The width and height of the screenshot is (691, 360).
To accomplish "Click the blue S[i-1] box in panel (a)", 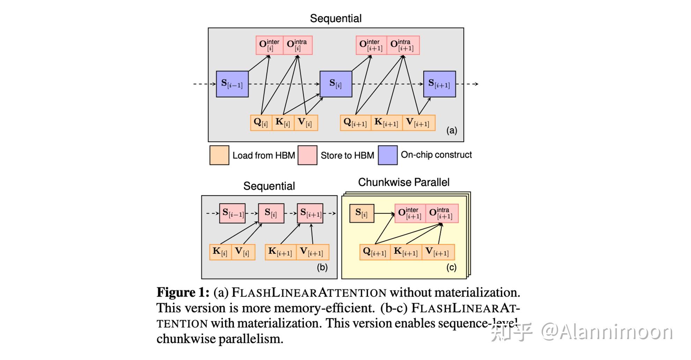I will [232, 84].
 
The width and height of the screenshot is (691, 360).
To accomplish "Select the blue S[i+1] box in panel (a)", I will [439, 84].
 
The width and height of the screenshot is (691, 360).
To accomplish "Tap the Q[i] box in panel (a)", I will [261, 123].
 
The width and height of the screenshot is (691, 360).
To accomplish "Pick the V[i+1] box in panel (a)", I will [418, 123].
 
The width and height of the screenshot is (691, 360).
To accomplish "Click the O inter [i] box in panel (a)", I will [269, 45].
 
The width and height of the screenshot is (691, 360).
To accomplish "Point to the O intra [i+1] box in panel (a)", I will [403, 45].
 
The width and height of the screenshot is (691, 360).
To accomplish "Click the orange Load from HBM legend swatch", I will [219, 155].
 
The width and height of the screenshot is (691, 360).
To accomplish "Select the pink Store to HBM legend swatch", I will [307, 155].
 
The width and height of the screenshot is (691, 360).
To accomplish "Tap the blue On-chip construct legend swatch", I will [388, 155].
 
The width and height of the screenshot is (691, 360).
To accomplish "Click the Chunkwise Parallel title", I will [403, 182].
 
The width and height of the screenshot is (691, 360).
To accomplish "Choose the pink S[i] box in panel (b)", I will [271, 213].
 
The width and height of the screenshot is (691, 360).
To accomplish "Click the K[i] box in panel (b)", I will [220, 252].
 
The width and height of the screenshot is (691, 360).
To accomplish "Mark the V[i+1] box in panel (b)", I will [312, 252].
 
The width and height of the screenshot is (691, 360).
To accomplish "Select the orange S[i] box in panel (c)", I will [362, 213].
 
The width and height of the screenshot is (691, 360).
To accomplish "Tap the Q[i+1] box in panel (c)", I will [375, 252].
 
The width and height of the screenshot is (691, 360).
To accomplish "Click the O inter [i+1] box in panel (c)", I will [410, 213].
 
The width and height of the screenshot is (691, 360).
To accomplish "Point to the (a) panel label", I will [452, 130].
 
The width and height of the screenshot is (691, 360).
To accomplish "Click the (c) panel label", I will [451, 267].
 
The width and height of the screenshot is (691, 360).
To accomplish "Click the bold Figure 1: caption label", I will [183, 292].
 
